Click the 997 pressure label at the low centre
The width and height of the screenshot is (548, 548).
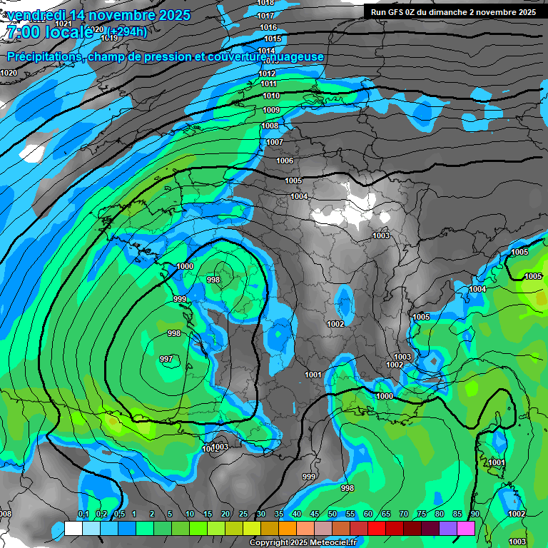(x=166, y=359)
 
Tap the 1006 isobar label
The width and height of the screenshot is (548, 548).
(x=285, y=161)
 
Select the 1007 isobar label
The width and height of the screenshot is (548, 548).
(x=275, y=142)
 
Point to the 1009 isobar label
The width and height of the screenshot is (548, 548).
(x=271, y=110)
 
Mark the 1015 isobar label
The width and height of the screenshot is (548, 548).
(x=272, y=39)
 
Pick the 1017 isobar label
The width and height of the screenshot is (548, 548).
(x=265, y=16)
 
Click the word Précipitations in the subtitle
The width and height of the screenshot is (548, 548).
(x=44, y=57)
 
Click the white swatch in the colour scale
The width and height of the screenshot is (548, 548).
(x=73, y=528)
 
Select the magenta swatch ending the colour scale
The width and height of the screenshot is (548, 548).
(x=466, y=528)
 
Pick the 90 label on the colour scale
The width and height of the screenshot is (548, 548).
(x=475, y=514)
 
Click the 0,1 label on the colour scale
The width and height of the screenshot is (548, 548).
(x=83, y=514)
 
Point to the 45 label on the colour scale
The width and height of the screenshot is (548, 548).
(x=315, y=514)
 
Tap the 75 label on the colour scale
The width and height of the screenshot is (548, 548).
(x=421, y=514)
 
